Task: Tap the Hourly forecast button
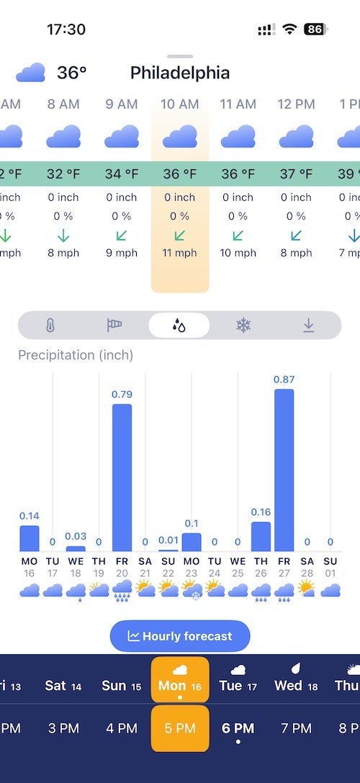coord(180,636)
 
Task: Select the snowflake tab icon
coord(243,325)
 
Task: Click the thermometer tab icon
coord(49,325)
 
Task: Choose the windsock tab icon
coord(114,325)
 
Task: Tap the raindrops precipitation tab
coord(179,325)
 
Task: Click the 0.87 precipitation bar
coord(284,470)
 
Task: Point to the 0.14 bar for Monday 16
coord(29,538)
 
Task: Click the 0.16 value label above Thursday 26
coord(261,512)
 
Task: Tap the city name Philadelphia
coord(180,73)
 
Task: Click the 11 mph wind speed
coord(180,253)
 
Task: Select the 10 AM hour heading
coord(180,104)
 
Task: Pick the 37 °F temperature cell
coord(296,174)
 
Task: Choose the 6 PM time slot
coord(238,728)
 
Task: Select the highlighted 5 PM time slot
coord(180,728)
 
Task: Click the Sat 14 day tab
coord(64,685)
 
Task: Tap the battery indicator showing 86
coord(315,30)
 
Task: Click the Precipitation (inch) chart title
coord(76,355)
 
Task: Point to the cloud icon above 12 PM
coord(296,135)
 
